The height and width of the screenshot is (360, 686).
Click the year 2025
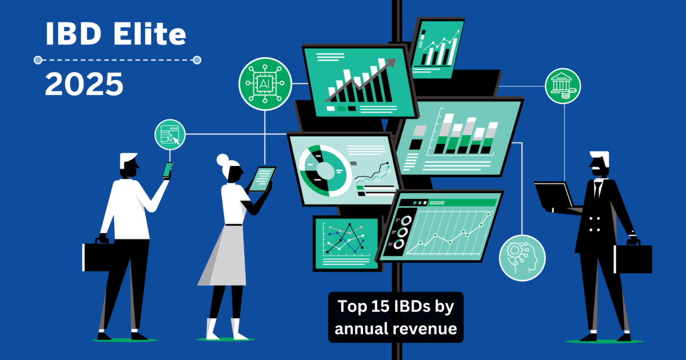pos(84,84)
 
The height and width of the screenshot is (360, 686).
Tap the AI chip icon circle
pos(265,83)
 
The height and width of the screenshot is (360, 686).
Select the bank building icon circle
pos(563,86)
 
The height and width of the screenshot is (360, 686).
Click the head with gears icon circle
pos(522,258)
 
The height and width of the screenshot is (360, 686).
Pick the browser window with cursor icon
pos(170,135)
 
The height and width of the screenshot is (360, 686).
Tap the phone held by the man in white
pos(167,170)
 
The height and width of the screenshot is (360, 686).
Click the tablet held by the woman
pos(262,179)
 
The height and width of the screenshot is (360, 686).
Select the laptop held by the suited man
pos(555,196)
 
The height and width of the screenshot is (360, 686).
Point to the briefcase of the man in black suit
pos(633,257)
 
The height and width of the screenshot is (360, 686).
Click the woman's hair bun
pos(222,160)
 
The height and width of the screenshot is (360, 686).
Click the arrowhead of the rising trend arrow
pos(391,62)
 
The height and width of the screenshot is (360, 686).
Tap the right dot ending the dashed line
pos(197,60)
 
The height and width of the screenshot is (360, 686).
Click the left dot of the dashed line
pos(38,60)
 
